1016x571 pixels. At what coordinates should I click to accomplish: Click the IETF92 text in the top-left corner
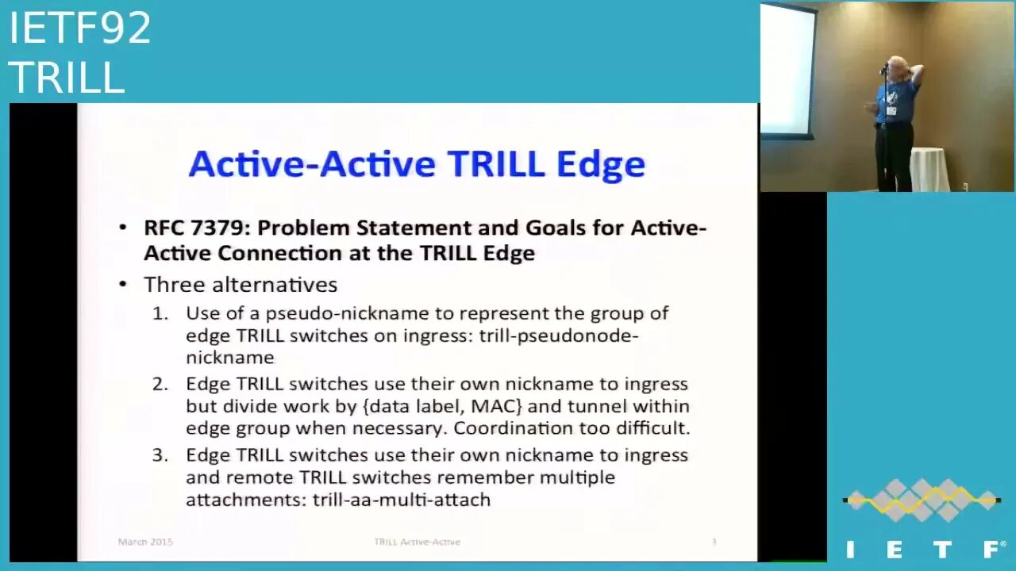click(x=79, y=29)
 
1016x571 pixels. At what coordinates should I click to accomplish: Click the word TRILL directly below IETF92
click(x=67, y=78)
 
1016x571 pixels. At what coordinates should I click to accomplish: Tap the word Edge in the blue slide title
click(x=600, y=164)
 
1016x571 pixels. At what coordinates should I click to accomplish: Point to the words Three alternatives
click(x=241, y=285)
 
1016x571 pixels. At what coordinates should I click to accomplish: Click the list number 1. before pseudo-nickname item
click(x=161, y=313)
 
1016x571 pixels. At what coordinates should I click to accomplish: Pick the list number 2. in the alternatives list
click(x=161, y=385)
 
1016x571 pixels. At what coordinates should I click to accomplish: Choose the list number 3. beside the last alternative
click(x=161, y=456)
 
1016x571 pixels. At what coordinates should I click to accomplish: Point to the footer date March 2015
click(x=145, y=542)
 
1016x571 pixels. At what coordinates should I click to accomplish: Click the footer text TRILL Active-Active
click(x=417, y=542)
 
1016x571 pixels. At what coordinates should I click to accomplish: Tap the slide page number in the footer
click(x=714, y=542)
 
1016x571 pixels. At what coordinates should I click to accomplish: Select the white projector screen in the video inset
click(x=787, y=71)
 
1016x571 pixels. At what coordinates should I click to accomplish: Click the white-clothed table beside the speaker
click(x=929, y=169)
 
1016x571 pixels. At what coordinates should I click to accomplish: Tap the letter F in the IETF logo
click(x=992, y=549)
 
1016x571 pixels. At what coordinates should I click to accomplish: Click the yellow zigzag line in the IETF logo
click(x=921, y=500)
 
